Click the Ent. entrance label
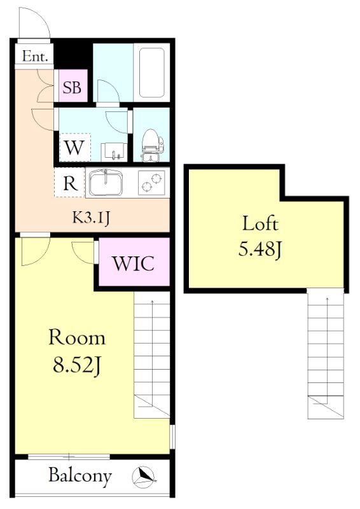tap(35, 57)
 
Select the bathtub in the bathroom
tap(151, 73)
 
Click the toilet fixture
tap(152, 145)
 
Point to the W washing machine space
tap(75, 148)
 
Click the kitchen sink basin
tap(106, 183)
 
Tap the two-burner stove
tap(152, 183)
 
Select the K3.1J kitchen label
tap(90, 218)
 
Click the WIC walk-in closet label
tap(134, 263)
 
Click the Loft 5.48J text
tap(260, 236)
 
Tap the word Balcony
tap(80, 476)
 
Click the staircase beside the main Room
tap(152, 355)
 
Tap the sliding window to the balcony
tap(69, 457)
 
